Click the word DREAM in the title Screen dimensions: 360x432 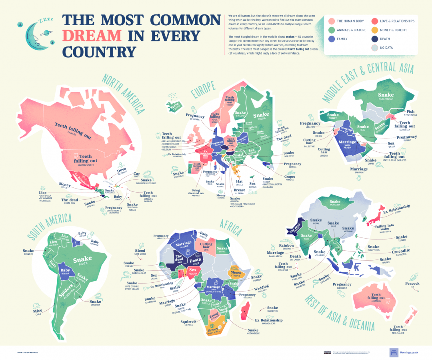[x=92, y=36]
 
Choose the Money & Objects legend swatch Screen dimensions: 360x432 [x=374, y=30]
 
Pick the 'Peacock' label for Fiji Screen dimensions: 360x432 [x=412, y=284]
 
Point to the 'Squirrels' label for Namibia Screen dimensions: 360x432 [x=188, y=321]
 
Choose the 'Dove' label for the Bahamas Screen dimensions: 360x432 [x=122, y=170]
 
